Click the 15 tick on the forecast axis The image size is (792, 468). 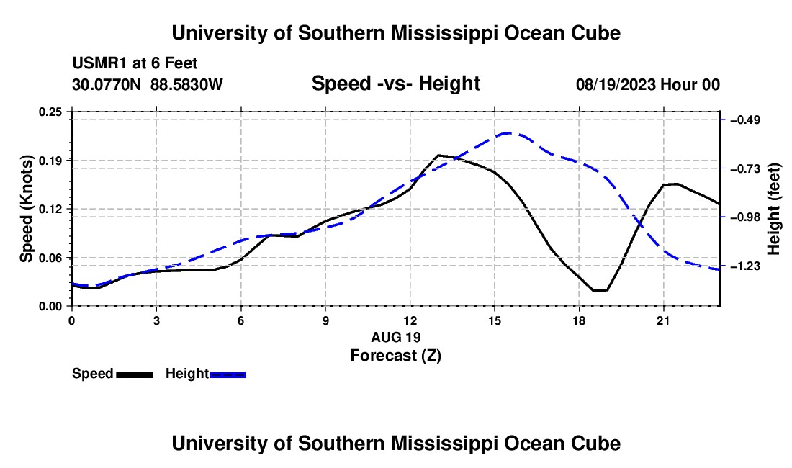(x=494, y=320)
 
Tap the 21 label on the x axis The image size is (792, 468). (x=662, y=320)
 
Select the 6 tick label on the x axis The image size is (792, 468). (x=241, y=320)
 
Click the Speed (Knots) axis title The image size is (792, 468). (x=26, y=209)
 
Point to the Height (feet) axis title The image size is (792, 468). (x=773, y=209)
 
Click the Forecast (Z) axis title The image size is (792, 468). (x=395, y=356)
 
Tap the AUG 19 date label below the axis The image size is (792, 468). (x=395, y=337)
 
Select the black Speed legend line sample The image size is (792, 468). (x=135, y=374)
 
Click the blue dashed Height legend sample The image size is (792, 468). (x=228, y=374)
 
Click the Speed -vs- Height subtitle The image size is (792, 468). (x=395, y=84)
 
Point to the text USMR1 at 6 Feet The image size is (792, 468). (x=135, y=63)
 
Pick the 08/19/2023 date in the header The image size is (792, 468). (x=616, y=84)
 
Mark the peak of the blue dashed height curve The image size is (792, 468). (x=509, y=132)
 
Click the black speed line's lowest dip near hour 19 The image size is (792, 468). (x=600, y=290)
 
